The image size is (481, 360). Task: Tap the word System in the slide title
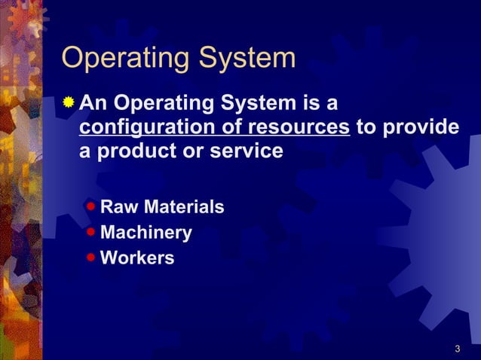[x=244, y=59]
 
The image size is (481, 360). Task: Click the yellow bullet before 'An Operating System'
[x=69, y=101]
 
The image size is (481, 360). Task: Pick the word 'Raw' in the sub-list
[x=119, y=206]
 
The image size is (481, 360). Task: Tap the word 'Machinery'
[x=146, y=233]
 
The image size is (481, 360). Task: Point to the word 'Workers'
[x=137, y=258]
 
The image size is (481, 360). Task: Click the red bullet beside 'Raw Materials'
[x=90, y=206]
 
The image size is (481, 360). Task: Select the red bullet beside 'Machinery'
[x=90, y=232]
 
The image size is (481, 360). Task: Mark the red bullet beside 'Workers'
[x=90, y=258]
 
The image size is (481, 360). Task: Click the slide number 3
[x=458, y=349]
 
